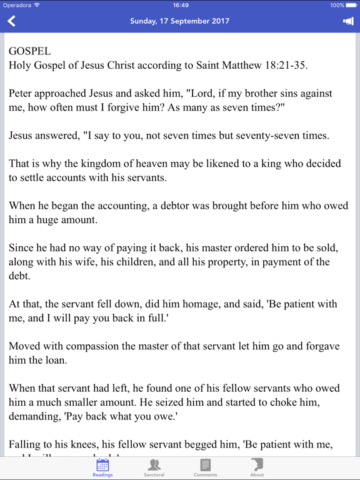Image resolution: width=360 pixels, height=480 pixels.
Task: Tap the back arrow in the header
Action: (11, 21)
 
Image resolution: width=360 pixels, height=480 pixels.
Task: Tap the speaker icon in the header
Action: (348, 21)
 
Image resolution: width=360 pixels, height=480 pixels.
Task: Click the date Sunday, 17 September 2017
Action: (179, 21)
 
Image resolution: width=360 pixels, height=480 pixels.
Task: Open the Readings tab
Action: (102, 467)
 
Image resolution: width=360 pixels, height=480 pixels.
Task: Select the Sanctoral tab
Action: (154, 467)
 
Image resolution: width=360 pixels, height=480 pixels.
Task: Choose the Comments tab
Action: (205, 467)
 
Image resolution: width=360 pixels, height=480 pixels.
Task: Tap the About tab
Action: (257, 467)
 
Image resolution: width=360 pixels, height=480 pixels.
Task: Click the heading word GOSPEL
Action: (30, 51)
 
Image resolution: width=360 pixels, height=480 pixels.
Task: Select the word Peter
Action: (21, 93)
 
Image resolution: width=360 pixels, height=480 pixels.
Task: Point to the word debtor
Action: (192, 206)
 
